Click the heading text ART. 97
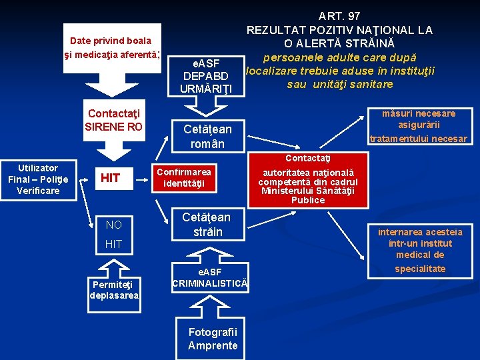(339, 16)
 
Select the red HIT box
(109, 177)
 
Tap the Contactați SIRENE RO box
(113, 120)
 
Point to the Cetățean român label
(207, 137)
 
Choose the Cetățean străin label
(207, 224)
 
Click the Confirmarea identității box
(184, 177)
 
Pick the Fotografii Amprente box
(213, 339)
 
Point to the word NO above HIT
(113, 225)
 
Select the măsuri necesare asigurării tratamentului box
(419, 126)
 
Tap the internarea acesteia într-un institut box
(420, 243)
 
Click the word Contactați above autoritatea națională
(307, 158)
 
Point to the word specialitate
(420, 269)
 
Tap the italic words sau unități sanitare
(340, 85)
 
